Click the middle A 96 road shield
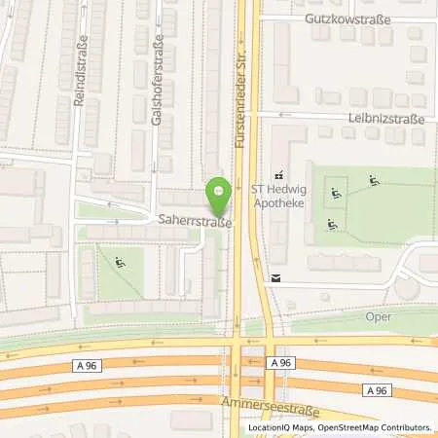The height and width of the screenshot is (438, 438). coord(281,362)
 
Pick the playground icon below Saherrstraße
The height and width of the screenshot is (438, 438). coord(120,261)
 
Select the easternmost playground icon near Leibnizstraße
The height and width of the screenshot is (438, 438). coord(375,180)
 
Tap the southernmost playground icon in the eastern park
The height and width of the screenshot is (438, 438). coord(333,225)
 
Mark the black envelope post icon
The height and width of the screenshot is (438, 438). coord(274,277)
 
